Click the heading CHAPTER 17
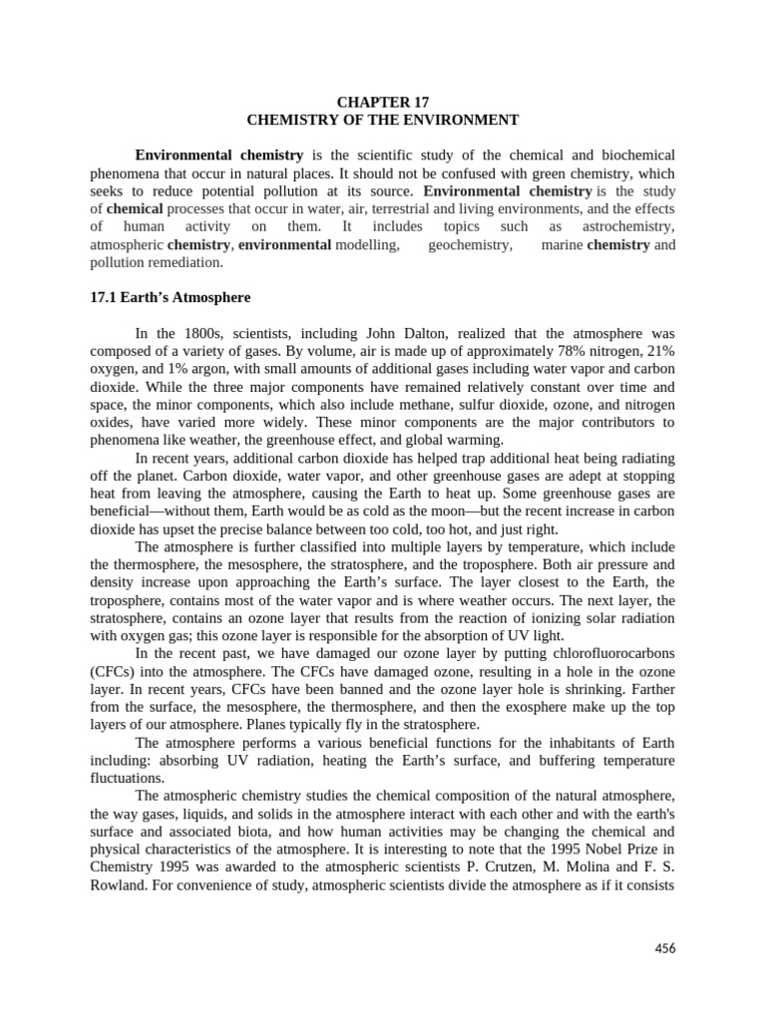click(383, 102)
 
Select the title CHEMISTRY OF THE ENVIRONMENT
click(383, 120)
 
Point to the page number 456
click(664, 948)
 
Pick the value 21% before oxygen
click(659, 351)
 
